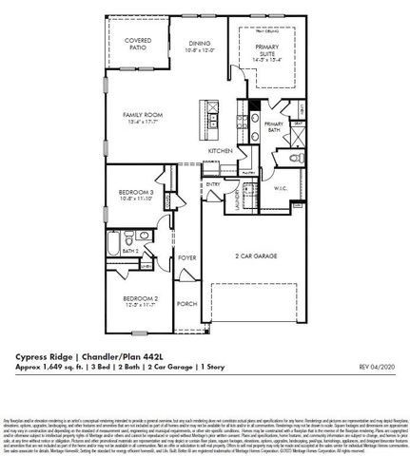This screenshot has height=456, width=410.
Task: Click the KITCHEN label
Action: [x=221, y=151]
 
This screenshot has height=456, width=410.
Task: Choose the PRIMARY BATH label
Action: [x=275, y=128]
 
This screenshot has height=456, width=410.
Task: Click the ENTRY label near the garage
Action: [x=213, y=184]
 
